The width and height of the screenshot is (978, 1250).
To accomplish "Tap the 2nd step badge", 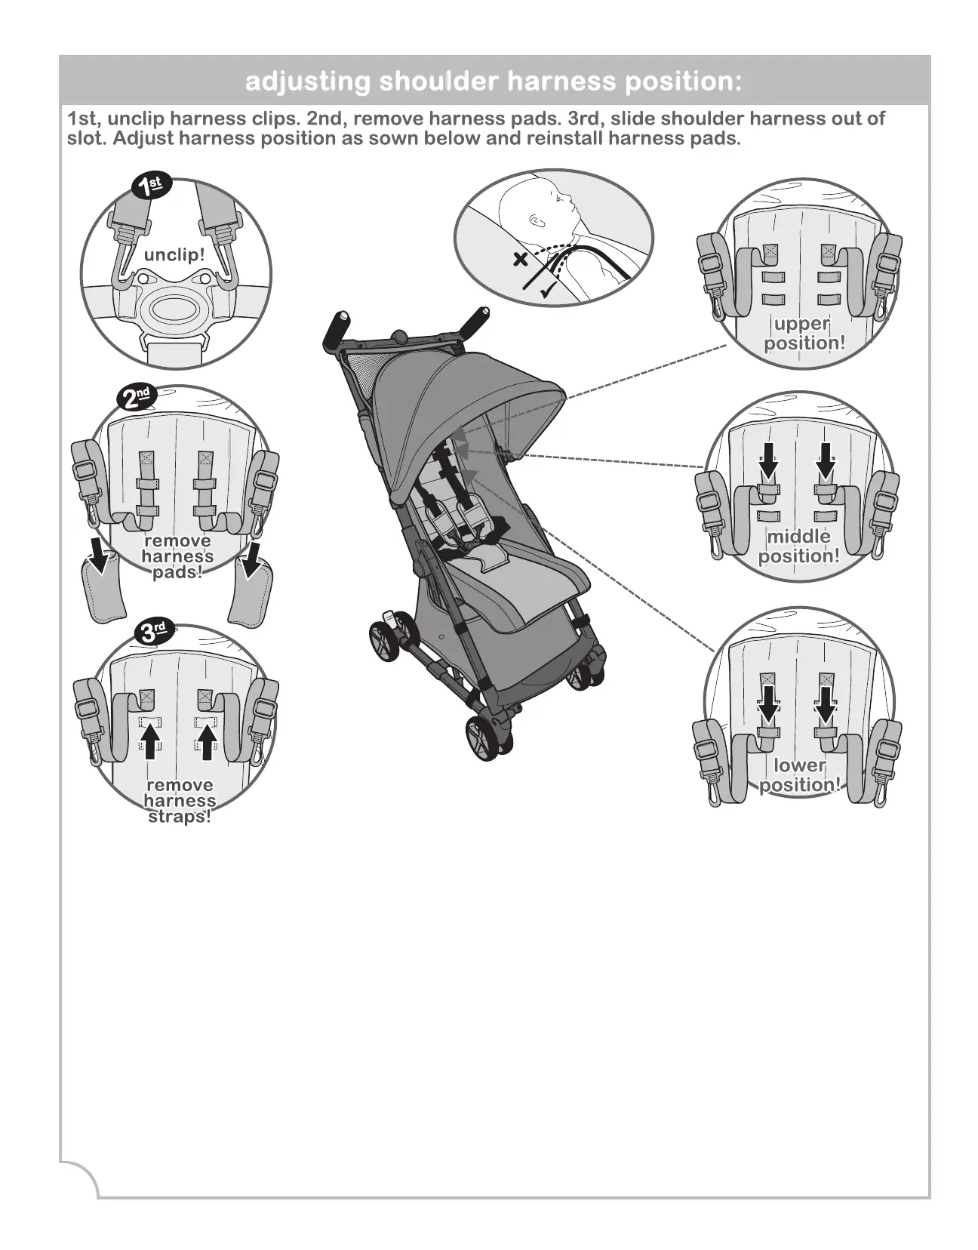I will (138, 397).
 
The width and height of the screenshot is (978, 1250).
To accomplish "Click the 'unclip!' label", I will (174, 254).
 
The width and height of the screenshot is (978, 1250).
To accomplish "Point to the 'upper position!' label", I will (804, 334).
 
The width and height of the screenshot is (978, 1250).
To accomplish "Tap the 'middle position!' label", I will (798, 546).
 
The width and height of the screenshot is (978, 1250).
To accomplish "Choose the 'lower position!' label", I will (799, 775).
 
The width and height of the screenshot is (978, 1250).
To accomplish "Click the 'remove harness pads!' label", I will (177, 556).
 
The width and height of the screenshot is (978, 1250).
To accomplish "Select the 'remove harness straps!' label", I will (180, 801).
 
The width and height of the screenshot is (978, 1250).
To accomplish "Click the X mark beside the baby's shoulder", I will (520, 260).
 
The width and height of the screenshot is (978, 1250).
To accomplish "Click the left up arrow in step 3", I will (151, 740).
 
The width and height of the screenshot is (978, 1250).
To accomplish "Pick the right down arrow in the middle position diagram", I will (826, 460).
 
